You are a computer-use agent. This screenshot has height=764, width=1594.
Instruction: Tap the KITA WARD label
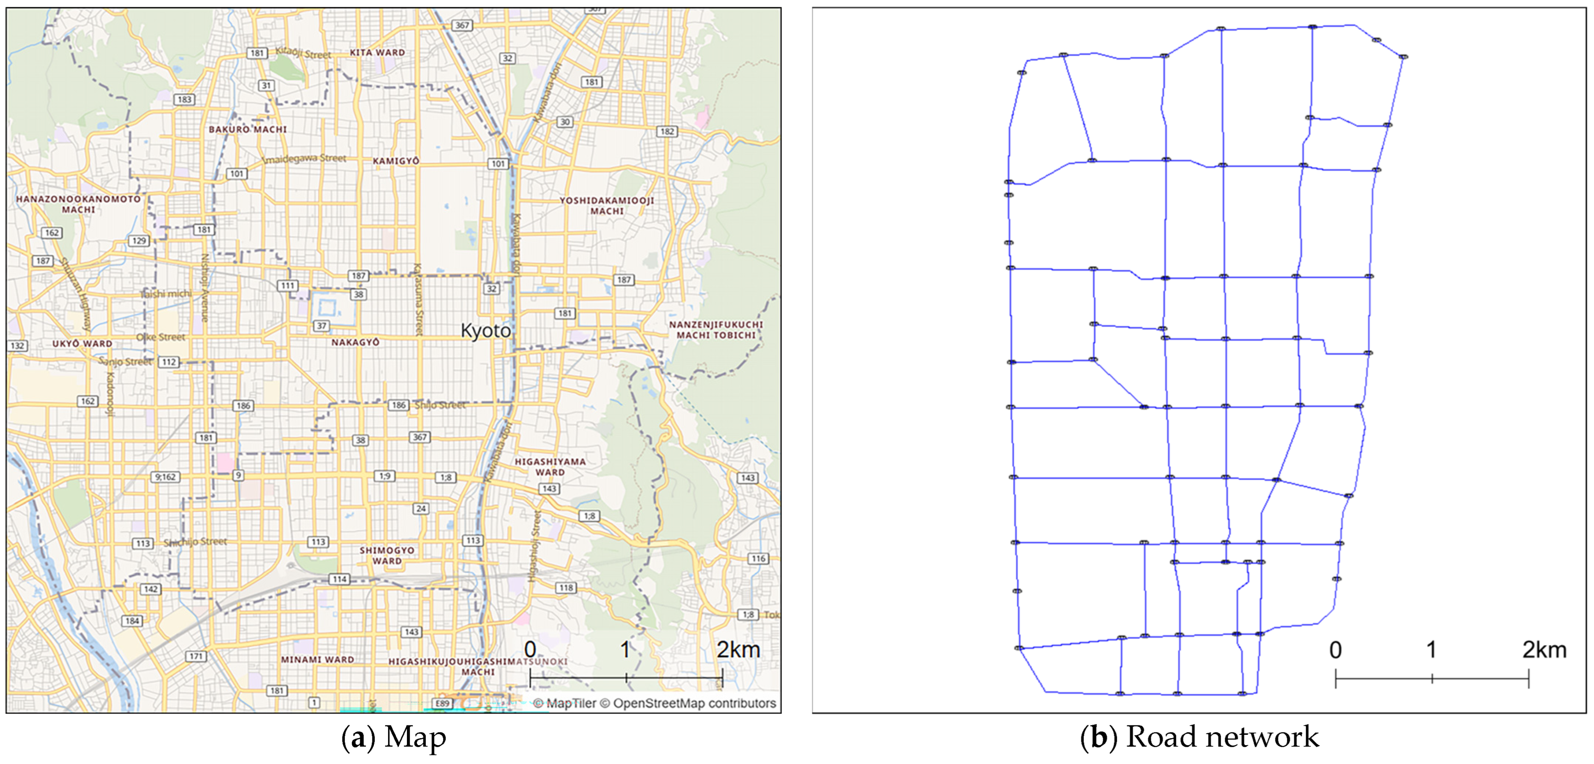(x=377, y=53)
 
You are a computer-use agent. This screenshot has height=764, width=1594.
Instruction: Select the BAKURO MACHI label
(x=248, y=129)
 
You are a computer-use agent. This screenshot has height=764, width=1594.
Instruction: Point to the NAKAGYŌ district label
(x=355, y=342)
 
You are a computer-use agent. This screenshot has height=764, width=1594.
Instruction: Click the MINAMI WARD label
(x=317, y=659)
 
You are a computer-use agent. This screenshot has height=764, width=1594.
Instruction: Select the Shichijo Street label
(x=195, y=542)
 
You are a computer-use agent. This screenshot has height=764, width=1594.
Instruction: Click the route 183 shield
(x=184, y=100)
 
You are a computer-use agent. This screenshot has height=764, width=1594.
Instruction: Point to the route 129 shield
(x=139, y=241)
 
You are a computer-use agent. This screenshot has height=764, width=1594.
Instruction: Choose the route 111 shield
(x=287, y=286)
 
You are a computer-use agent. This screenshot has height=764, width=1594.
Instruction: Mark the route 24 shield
(x=421, y=509)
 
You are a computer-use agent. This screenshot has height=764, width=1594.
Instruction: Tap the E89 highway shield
(x=442, y=703)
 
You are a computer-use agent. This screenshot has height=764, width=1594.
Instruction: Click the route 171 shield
(x=196, y=656)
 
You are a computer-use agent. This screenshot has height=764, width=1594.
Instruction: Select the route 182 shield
(x=666, y=131)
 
